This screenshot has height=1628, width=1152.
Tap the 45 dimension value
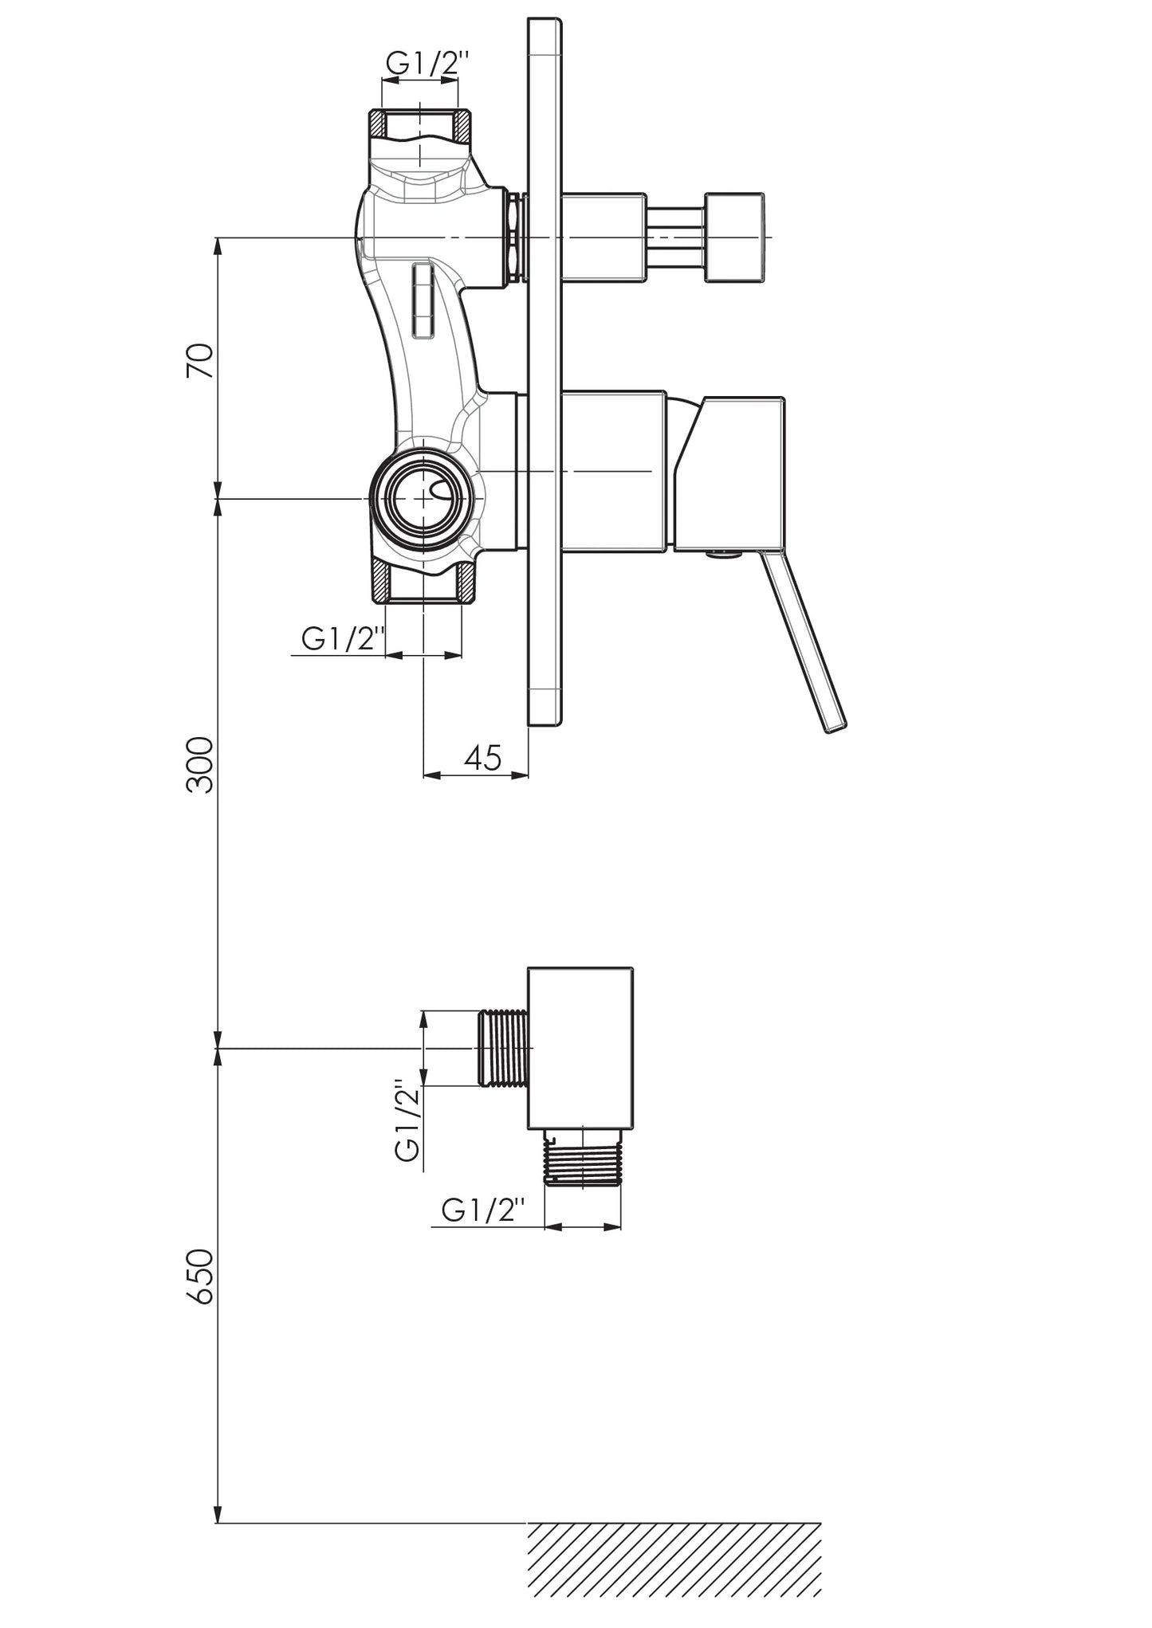482,757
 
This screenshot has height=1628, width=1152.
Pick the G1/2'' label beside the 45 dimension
338,639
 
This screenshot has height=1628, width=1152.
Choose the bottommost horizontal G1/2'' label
483,1211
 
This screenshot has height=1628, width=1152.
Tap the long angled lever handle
804,641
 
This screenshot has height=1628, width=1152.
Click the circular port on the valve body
423,498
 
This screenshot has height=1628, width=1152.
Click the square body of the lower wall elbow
580,1049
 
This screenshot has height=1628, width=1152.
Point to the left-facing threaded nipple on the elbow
503,1048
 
